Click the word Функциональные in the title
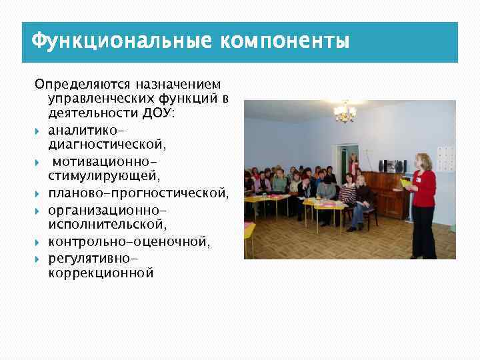pyautogui.click(x=120, y=41)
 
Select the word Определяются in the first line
pyautogui.click(x=81, y=85)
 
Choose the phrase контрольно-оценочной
pyautogui.click(x=129, y=241)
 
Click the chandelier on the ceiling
pyautogui.click(x=345, y=113)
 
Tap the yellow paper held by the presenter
pyautogui.click(x=405, y=181)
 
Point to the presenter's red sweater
pyautogui.click(x=423, y=189)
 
